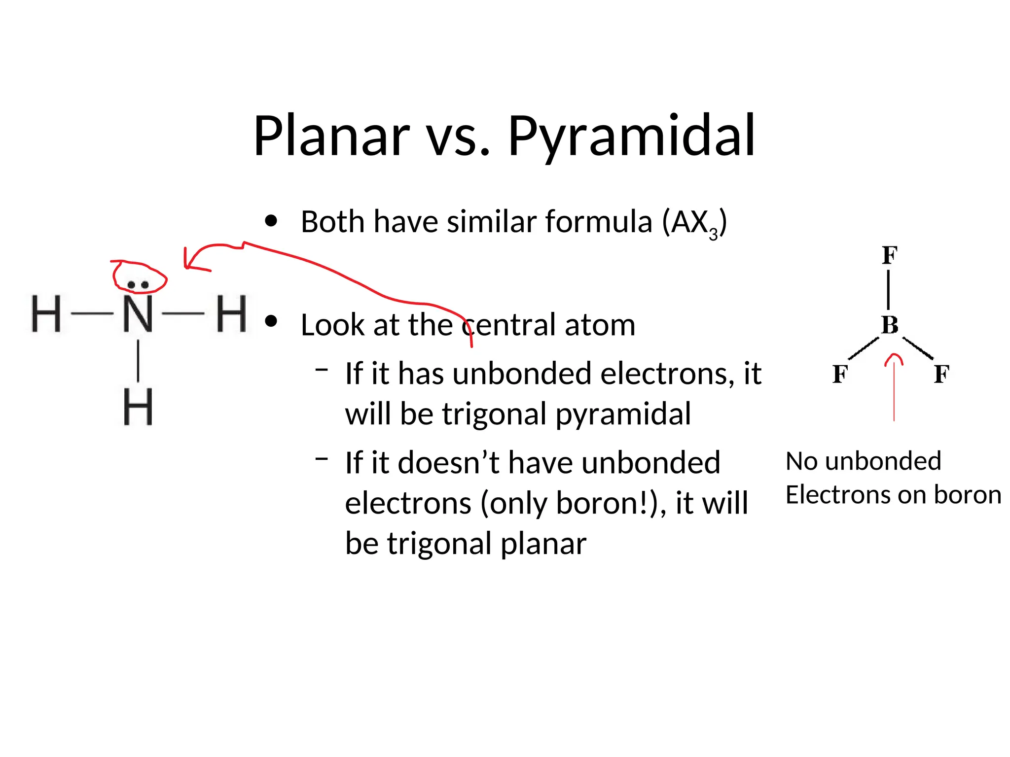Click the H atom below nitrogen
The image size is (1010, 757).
click(138, 407)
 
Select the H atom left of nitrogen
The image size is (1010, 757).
click(46, 313)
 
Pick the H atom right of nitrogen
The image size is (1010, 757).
click(231, 313)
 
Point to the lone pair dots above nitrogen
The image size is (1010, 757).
click(138, 284)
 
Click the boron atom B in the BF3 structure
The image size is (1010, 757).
click(890, 325)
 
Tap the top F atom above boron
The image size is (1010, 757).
click(890, 255)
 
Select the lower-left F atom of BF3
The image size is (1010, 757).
click(839, 374)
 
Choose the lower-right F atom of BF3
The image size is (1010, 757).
click(941, 374)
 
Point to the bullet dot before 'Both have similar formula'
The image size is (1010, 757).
click(271, 221)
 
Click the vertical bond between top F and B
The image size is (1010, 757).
click(889, 290)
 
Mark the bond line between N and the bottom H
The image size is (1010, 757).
click(138, 360)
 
